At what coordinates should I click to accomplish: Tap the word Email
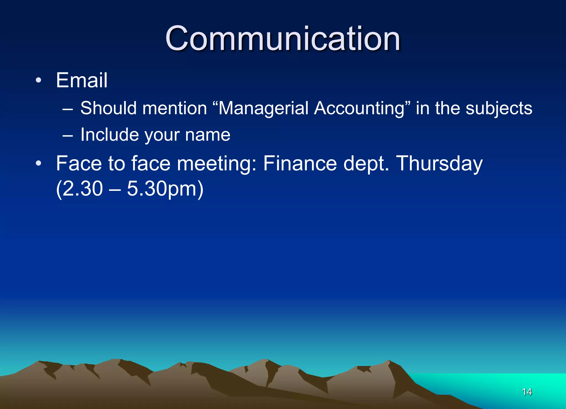tap(82, 80)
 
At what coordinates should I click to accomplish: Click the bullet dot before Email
tap(38, 80)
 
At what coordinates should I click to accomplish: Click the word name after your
tap(208, 135)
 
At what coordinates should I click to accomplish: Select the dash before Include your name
tap(68, 136)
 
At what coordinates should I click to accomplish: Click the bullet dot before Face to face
tap(38, 163)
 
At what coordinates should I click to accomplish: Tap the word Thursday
tap(439, 163)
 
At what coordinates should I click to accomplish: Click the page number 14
tap(527, 392)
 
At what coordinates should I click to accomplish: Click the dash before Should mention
tap(68, 109)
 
